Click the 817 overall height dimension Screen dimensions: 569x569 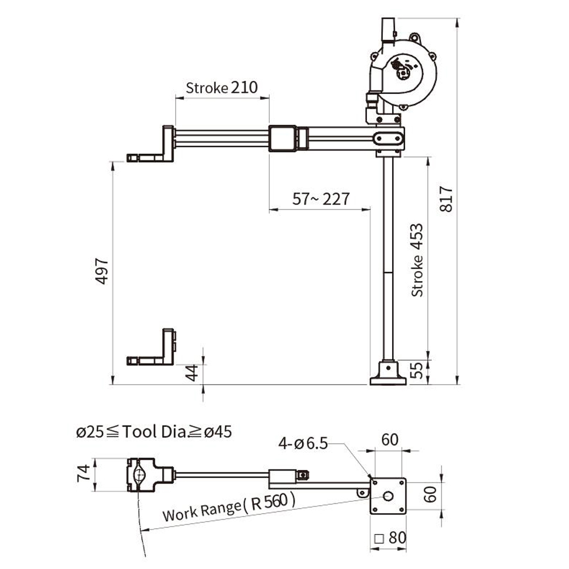point(447,199)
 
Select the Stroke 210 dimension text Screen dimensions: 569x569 point(222,88)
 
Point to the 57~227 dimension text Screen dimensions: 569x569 point(321,199)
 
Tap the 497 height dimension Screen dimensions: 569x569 point(102,271)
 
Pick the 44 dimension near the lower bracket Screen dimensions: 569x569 point(192,373)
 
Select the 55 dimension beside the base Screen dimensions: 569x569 point(417,371)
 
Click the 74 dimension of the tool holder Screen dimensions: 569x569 point(84,474)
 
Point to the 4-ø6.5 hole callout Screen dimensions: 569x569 point(303,443)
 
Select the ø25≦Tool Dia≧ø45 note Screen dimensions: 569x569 point(154,432)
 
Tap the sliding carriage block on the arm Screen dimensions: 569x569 point(282,138)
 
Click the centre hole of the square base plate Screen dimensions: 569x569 point(388,496)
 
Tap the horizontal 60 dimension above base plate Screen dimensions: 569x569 point(389,440)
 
